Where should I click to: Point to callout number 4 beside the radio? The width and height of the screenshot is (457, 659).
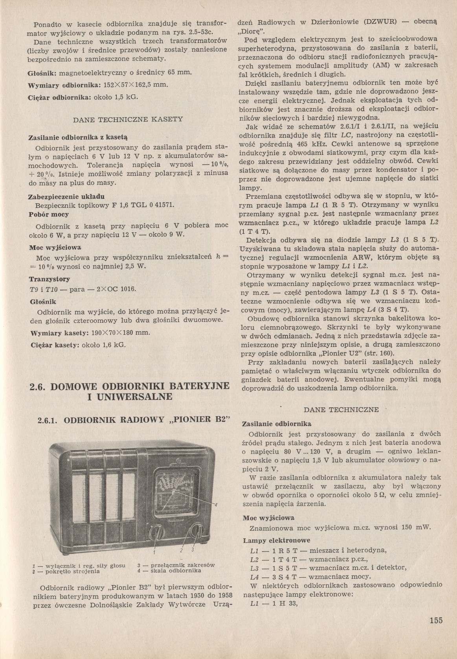[x=216, y=505]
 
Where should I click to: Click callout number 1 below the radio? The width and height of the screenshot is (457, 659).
[x=155, y=553]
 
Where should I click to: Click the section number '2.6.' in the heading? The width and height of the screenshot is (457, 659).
[x=39, y=386]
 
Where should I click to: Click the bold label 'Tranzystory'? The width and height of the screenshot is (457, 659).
[x=50, y=279]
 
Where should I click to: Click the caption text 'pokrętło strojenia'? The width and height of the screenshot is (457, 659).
[x=73, y=571]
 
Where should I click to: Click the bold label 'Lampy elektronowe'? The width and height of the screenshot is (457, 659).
[x=276, y=540]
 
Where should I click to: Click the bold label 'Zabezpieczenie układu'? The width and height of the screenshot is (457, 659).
[x=67, y=196]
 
